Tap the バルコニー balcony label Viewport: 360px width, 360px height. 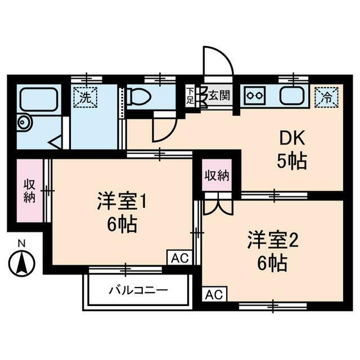coord(138,291)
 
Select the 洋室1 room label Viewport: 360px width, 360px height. coord(122,201)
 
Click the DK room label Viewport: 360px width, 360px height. coord(291,139)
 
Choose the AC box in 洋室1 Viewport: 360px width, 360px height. coord(179,258)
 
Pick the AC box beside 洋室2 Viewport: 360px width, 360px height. coord(214,294)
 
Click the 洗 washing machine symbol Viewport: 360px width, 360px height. coord(85,97)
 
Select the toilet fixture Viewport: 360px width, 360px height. coord(138,97)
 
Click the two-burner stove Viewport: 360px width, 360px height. coord(254,96)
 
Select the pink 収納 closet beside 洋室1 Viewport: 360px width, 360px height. coord(29,191)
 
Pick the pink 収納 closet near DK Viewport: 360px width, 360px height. coord(217,175)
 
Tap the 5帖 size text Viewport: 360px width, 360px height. coord(291,162)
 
